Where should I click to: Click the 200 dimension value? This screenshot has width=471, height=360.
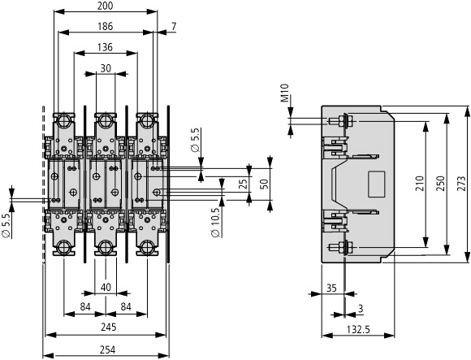106,6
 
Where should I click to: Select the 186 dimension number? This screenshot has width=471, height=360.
106,27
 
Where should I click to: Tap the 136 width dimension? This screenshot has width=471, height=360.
106,47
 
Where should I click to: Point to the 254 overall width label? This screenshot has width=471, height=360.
108,349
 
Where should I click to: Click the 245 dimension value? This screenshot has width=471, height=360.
109,327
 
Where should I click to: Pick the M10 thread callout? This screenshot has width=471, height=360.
285,93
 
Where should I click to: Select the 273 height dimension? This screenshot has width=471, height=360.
462,184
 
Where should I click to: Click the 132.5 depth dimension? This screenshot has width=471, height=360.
358,330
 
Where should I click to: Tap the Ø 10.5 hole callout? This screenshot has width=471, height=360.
216,222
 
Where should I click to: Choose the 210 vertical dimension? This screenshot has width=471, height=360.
420,184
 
